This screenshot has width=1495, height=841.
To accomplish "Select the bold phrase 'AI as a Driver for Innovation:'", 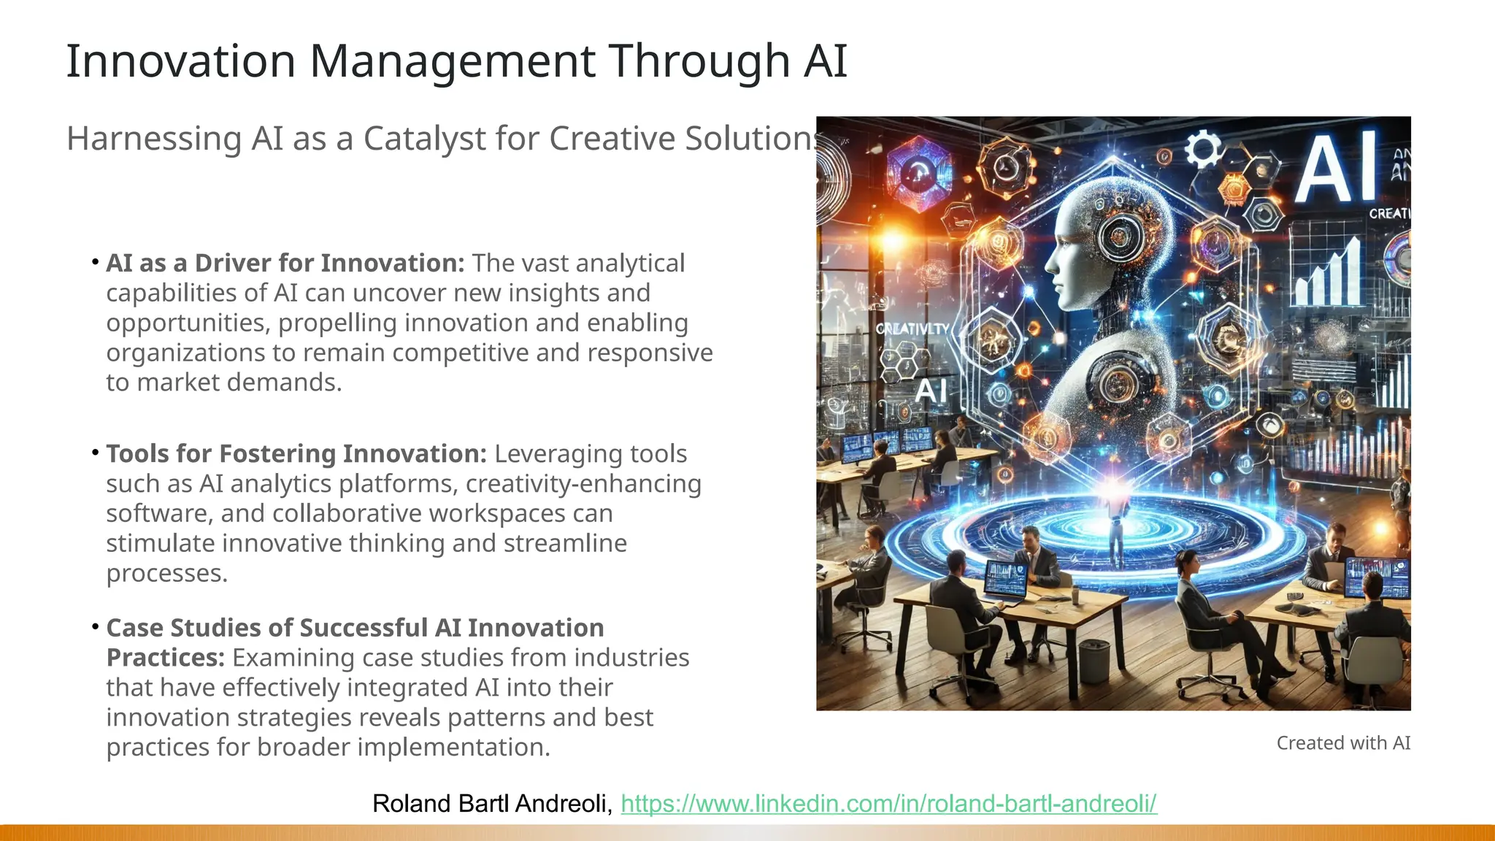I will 285,264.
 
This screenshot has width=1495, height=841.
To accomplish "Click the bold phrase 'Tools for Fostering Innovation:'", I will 296,454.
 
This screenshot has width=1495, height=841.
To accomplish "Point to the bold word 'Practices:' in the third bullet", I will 165,658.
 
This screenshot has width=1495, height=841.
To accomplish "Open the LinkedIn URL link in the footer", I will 888,804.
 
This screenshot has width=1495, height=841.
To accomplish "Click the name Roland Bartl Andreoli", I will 491,804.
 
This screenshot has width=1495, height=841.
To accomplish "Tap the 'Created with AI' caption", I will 1343,743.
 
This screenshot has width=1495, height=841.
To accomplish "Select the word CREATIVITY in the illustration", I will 912,329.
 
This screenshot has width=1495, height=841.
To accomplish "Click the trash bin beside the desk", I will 1094,660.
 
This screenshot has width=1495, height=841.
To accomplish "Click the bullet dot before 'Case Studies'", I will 96,627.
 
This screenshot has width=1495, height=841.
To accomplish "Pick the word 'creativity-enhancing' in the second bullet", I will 583,484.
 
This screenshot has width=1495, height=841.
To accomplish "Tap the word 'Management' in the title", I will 453,61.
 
